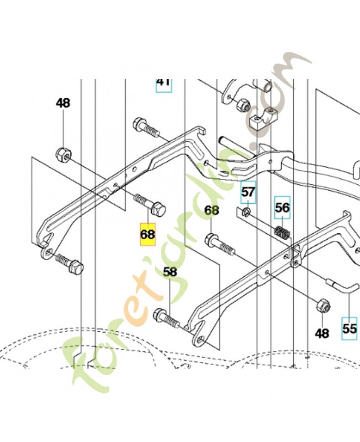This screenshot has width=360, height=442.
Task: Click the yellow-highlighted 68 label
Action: (x=148, y=235)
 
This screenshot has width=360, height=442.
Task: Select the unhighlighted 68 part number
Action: (x=212, y=211)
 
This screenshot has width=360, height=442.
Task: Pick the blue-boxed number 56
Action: (x=282, y=208)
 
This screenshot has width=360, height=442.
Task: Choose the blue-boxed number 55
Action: (x=349, y=327)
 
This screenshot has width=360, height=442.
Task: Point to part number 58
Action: (x=170, y=272)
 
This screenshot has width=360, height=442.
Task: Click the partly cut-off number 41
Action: (x=163, y=82)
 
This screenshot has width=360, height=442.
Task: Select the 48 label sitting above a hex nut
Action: (x=63, y=103)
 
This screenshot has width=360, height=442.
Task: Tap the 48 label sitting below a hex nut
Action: (x=321, y=333)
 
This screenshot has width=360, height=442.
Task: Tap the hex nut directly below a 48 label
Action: (x=63, y=153)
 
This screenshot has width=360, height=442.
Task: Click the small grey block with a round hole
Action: (x=261, y=122)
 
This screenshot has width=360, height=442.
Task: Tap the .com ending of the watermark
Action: (x=276, y=83)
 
